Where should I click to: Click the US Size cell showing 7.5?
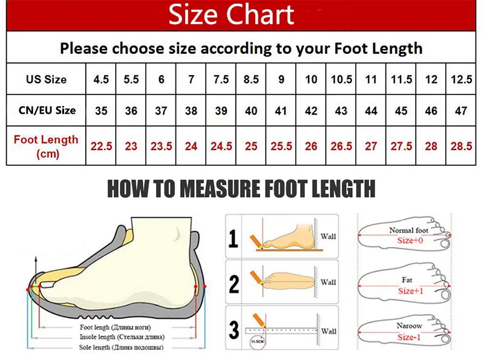pyautogui.click(x=221, y=79)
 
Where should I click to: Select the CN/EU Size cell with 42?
pyautogui.click(x=311, y=111)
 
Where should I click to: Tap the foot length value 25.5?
pyautogui.click(x=281, y=146)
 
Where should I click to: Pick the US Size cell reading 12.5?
pyautogui.click(x=461, y=79)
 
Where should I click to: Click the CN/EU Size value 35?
pyautogui.click(x=101, y=111)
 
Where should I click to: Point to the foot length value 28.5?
pyautogui.click(x=461, y=146)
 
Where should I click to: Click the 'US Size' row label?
pyautogui.click(x=47, y=79)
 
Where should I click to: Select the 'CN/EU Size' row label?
pyautogui.click(x=47, y=110)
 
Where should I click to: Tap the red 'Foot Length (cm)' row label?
pyautogui.click(x=47, y=146)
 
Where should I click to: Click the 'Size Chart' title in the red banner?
pyautogui.click(x=231, y=15)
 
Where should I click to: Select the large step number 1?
pyautogui.click(x=234, y=238)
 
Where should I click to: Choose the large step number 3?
pyautogui.click(x=234, y=329)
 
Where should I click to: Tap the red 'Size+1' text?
pyautogui.click(x=411, y=291)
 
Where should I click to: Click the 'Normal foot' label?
pyautogui.click(x=409, y=231)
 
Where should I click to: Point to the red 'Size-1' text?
pyautogui.click(x=409, y=337)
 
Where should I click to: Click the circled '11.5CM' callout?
pyautogui.click(x=257, y=342)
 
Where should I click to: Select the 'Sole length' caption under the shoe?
pyautogui.click(x=122, y=347)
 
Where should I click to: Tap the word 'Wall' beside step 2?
pyautogui.click(x=328, y=282)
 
